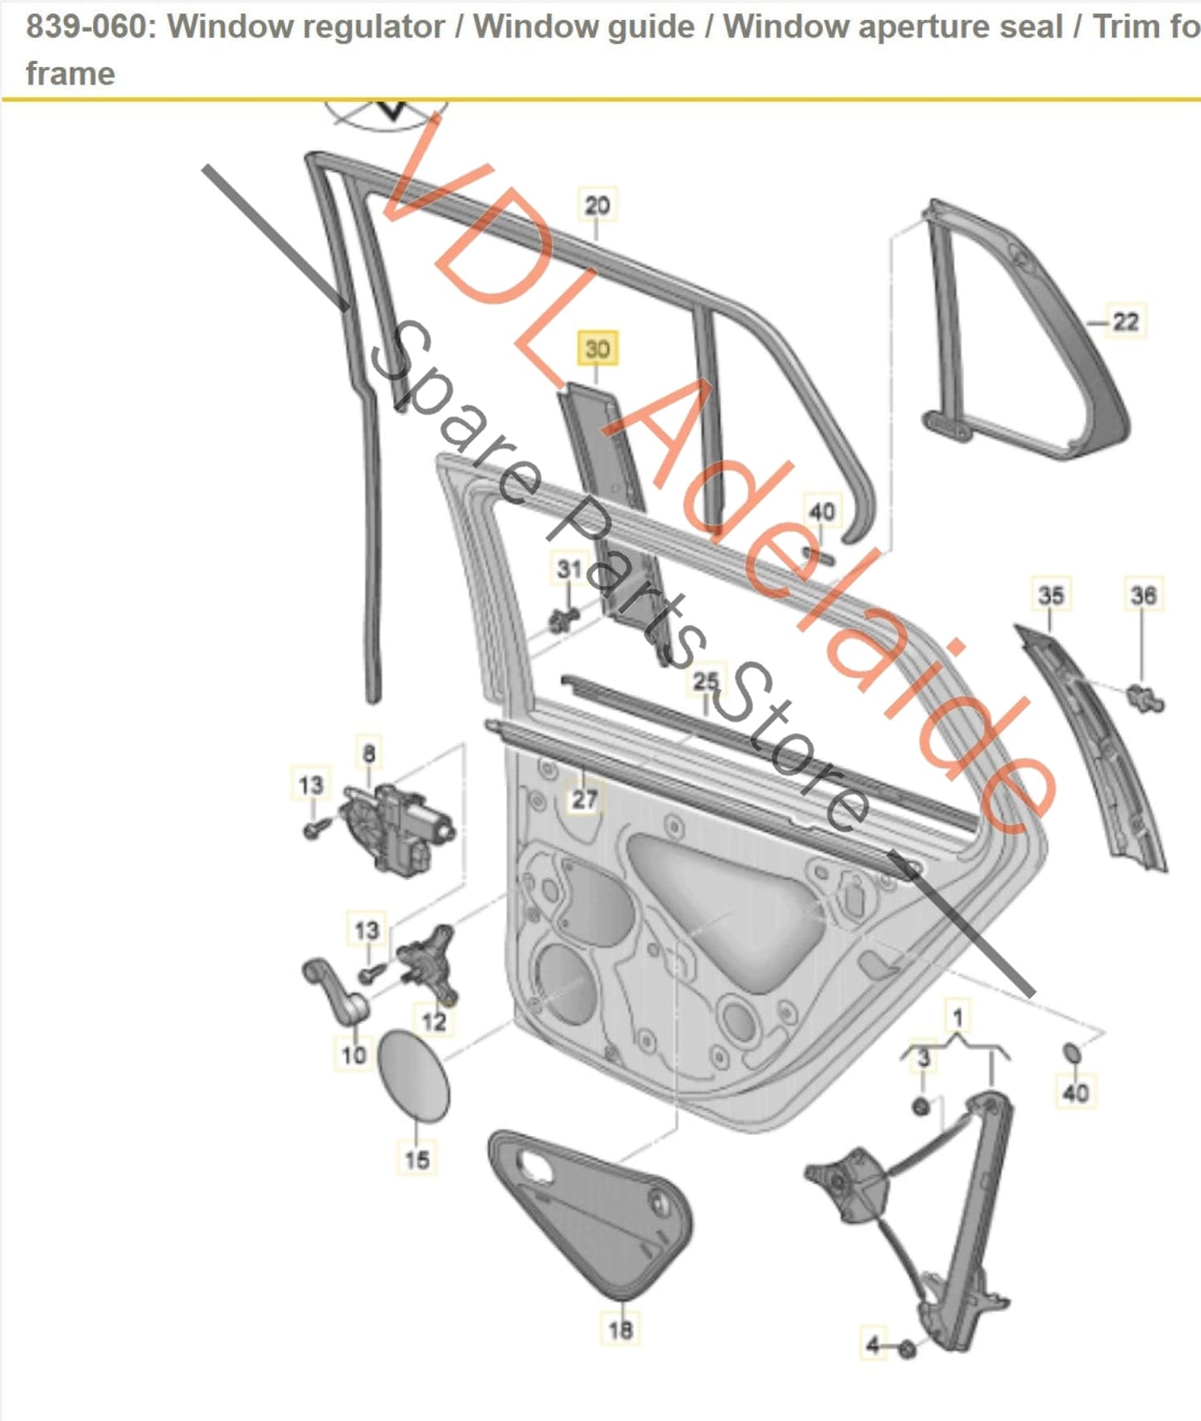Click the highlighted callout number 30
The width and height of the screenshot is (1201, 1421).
(x=598, y=349)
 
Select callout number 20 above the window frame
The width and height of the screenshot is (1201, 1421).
(x=597, y=205)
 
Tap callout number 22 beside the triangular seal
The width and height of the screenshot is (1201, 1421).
(x=1125, y=322)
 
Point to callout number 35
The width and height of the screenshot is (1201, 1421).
(x=1051, y=595)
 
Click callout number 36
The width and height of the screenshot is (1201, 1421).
(x=1143, y=595)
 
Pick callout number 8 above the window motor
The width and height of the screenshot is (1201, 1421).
(x=369, y=754)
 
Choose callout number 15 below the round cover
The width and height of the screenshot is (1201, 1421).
(x=416, y=1159)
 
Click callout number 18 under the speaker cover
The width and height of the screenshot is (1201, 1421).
(x=620, y=1330)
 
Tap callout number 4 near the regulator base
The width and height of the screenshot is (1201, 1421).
(x=872, y=1345)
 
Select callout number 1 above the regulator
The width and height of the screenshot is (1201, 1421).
(x=957, y=1017)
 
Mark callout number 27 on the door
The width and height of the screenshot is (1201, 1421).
(x=584, y=799)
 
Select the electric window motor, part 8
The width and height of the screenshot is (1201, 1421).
(x=397, y=827)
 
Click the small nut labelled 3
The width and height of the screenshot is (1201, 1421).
(x=921, y=1106)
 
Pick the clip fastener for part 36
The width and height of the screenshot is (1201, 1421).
(x=1147, y=698)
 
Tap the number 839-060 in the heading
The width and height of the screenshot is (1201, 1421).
(x=86, y=27)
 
